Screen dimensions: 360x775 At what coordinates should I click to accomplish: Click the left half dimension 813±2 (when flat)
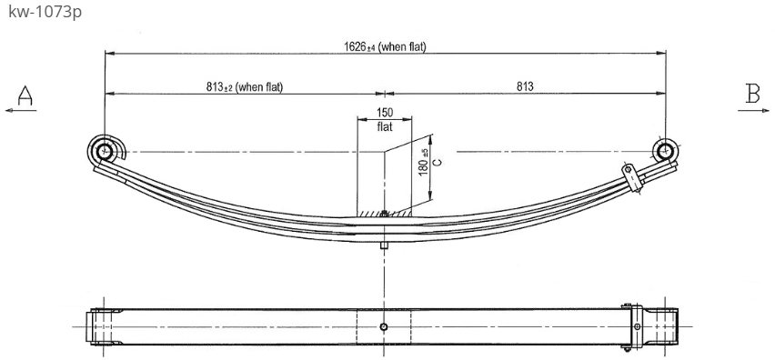[x=245, y=87]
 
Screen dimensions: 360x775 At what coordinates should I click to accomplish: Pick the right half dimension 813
[x=525, y=87]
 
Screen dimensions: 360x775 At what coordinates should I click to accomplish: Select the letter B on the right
[x=752, y=92]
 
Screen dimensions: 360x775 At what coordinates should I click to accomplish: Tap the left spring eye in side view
[x=105, y=151]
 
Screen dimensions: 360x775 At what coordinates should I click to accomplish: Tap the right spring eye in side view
[x=665, y=151]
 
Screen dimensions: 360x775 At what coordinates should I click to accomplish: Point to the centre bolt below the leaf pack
[x=385, y=243]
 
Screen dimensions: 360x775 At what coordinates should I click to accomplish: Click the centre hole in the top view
[x=385, y=326]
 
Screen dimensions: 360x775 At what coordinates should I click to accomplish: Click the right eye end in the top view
[x=662, y=326]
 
